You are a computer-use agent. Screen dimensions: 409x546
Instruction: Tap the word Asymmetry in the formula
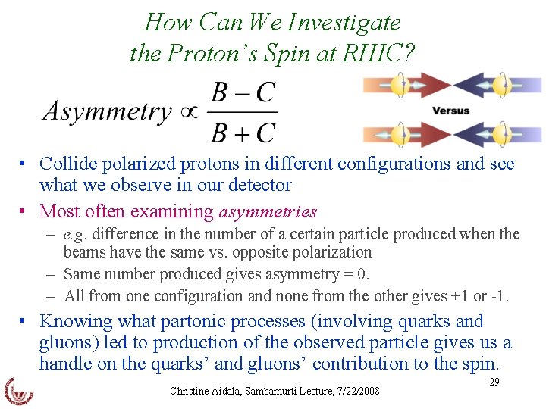[107, 112]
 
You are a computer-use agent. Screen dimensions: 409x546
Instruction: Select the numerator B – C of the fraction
[243, 92]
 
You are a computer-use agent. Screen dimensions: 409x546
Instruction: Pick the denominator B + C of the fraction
[243, 133]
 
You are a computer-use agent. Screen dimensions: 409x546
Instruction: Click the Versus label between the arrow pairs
[450, 111]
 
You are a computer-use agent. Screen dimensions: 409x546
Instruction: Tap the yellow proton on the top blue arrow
[501, 85]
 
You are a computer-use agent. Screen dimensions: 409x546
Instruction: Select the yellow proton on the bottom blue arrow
[501, 135]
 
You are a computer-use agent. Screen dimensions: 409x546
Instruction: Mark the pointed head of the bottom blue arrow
[462, 135]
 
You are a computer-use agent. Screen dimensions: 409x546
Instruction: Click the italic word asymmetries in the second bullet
[268, 211]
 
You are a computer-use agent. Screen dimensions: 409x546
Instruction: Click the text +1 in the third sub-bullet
[457, 295]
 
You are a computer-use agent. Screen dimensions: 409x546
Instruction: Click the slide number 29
[494, 382]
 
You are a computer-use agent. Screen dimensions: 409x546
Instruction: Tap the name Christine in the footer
[191, 392]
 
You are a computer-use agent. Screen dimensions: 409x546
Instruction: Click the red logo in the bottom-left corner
[19, 389]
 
